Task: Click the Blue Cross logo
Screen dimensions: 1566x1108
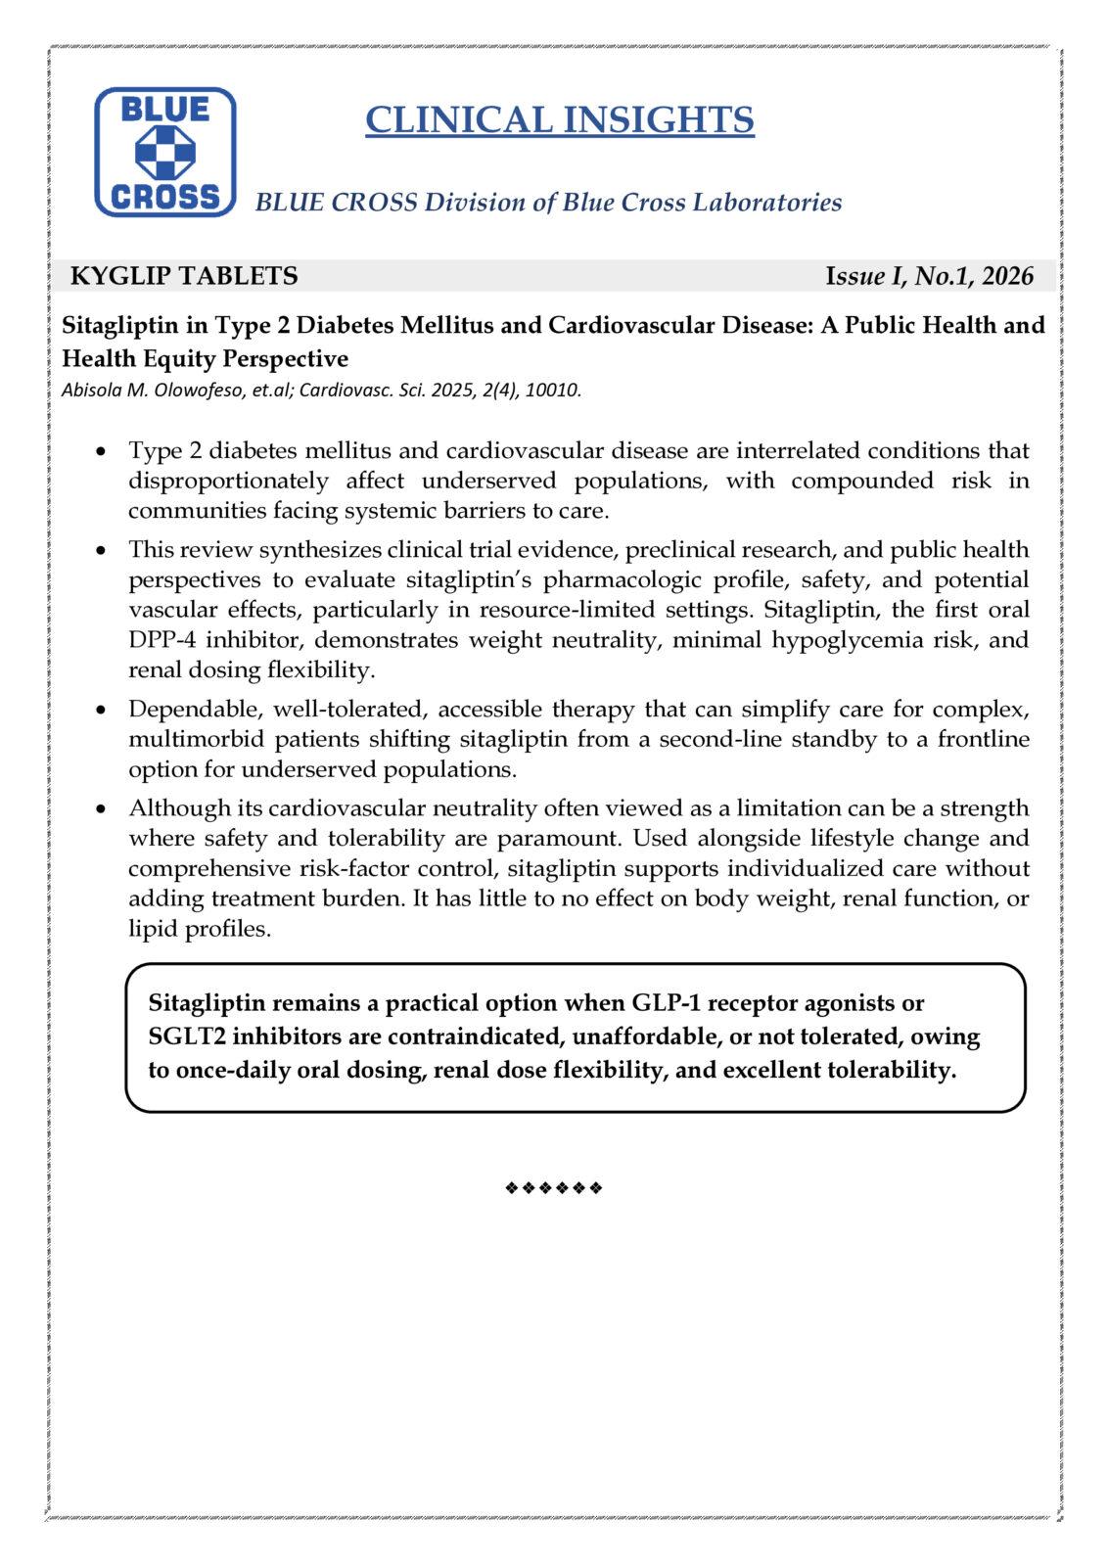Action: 164,152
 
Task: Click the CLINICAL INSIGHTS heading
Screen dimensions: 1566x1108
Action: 559,119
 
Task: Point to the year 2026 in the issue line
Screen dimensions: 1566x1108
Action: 1007,276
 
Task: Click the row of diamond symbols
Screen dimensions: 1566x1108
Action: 554,1188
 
